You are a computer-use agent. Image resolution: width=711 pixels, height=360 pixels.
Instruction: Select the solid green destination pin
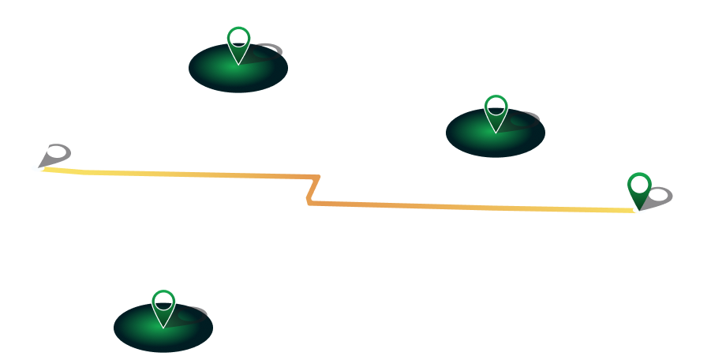[x=639, y=190]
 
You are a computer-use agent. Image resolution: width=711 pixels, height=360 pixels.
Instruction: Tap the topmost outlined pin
[x=238, y=43]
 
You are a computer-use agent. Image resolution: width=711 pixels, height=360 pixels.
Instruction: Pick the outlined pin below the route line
[x=163, y=306]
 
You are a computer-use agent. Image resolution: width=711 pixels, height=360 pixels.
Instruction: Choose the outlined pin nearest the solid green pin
[x=496, y=111]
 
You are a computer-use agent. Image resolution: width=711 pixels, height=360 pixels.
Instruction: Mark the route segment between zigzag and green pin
[x=473, y=207]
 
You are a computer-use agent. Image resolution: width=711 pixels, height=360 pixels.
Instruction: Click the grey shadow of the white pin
[x=58, y=153]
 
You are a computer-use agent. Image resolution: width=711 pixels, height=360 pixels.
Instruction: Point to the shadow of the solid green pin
[x=658, y=196]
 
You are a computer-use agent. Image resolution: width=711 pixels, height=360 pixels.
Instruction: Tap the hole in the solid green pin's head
[x=639, y=185]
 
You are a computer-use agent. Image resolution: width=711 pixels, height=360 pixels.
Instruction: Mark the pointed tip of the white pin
[x=37, y=167]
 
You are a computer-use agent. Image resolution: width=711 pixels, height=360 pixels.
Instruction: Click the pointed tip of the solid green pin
[x=639, y=210]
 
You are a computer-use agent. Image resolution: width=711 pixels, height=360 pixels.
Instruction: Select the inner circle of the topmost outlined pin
[x=238, y=38]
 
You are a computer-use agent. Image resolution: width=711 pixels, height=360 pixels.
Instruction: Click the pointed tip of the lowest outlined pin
[x=163, y=327]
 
